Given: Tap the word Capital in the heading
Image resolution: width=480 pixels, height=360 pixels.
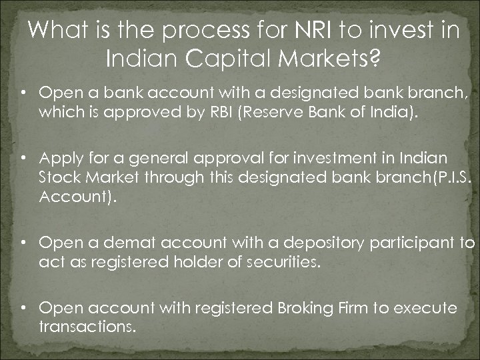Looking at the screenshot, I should (x=219, y=61).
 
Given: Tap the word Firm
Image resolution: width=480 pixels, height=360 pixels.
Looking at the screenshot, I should (x=367, y=308).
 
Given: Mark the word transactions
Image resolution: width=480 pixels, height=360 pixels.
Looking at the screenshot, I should (x=86, y=327).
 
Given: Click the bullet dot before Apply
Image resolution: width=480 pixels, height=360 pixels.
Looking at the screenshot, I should (x=23, y=158).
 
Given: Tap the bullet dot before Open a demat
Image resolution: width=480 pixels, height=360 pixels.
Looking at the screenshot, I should (x=23, y=243).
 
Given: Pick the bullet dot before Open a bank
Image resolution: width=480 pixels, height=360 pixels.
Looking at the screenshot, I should (x=23, y=92).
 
